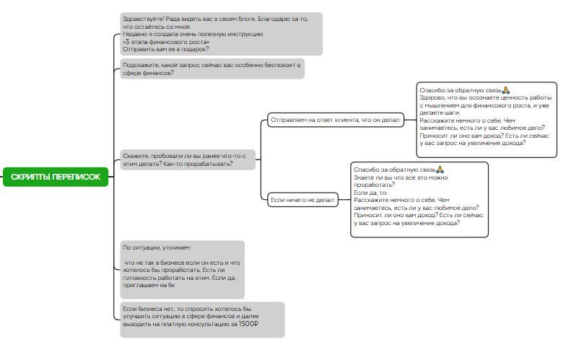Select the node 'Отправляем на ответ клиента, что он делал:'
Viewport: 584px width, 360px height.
coord(335,120)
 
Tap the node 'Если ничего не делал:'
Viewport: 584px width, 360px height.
coord(303,200)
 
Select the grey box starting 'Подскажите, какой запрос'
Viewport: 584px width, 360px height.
coord(211,69)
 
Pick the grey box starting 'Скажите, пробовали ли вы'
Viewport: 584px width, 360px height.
coord(187,159)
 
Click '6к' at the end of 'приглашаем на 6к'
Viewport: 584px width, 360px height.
coord(171,285)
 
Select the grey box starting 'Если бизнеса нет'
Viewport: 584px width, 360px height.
coord(201,320)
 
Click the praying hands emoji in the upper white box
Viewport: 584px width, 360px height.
coord(506,89)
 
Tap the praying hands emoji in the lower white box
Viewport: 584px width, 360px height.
coord(440,169)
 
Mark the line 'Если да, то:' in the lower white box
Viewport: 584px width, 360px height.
coord(371,193)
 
